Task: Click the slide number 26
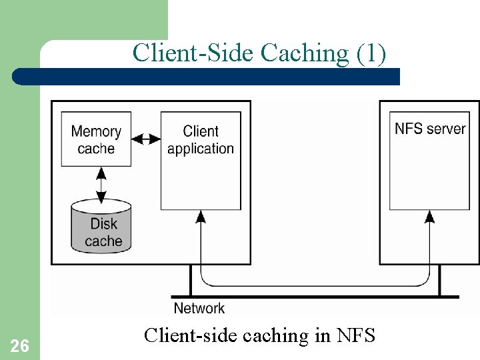tap(19, 345)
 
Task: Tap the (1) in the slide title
tap(371, 53)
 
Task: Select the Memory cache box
tap(96, 139)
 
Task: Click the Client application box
tap(201, 160)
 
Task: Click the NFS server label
tap(430, 129)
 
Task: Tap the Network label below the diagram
tap(199, 308)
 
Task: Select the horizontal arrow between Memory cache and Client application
tap(146, 139)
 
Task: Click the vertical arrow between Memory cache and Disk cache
tap(101, 185)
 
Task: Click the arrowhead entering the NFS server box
tap(430, 216)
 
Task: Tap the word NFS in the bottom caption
tap(356, 335)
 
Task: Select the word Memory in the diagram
tap(96, 131)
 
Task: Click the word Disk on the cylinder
tap(103, 224)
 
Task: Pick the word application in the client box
tap(201, 149)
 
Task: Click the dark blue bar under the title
tap(207, 76)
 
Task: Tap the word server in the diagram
tap(446, 129)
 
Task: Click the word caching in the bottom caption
tap(278, 335)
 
